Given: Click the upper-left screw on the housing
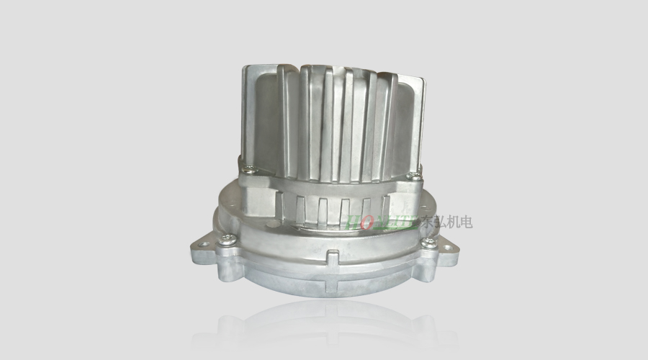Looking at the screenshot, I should [248, 169].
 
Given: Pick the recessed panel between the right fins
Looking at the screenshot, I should [402, 122].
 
